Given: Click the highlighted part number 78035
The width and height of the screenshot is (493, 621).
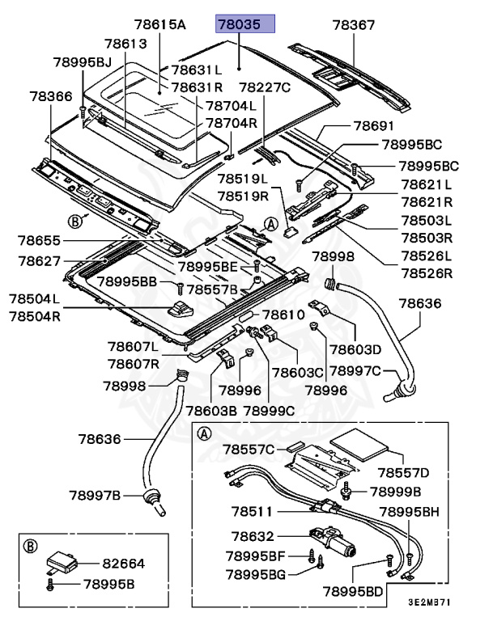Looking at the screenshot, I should [x=245, y=25].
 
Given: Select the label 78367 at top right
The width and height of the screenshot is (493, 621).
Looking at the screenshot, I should [x=354, y=25].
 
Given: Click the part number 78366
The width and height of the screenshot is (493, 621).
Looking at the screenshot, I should [x=51, y=95].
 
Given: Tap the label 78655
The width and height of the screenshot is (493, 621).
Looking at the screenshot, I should [x=40, y=240].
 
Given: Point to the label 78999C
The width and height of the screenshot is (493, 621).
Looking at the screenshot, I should [x=270, y=410].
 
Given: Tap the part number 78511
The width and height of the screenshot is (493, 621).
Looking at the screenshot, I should [x=253, y=511].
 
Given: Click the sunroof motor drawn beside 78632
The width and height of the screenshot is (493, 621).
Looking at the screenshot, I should [x=329, y=540].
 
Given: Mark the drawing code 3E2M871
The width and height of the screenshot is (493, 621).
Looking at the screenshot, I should [x=428, y=603].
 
